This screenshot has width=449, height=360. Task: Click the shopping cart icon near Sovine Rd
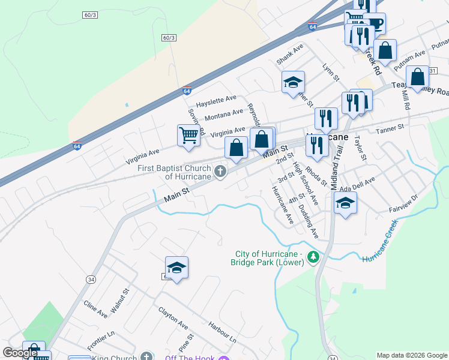(188, 135)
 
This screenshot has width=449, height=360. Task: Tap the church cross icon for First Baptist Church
(220, 173)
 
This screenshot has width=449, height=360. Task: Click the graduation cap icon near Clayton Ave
(176, 267)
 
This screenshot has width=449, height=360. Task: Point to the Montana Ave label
(224, 114)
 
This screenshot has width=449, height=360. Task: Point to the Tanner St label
(390, 129)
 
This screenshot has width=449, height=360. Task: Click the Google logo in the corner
(20, 353)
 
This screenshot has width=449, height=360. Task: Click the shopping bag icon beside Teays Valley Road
(417, 77)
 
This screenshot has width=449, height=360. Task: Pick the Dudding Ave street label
(308, 220)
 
